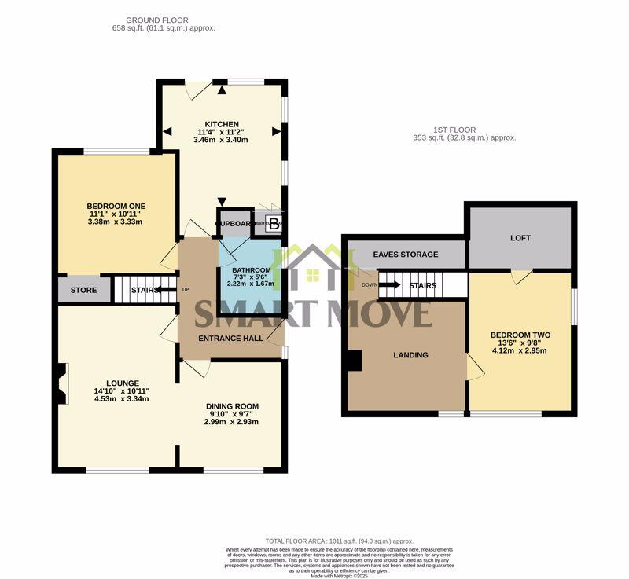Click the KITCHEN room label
pyautogui.click(x=222, y=124)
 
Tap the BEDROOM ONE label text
pyautogui.click(x=116, y=206)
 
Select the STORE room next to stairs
pyautogui.click(x=83, y=290)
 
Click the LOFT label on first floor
pyautogui.click(x=520, y=237)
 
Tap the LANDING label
pyautogui.click(x=410, y=355)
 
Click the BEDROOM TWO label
pyautogui.click(x=520, y=335)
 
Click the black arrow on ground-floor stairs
pyautogui.click(x=166, y=290)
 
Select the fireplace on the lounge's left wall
pyautogui.click(x=64, y=383)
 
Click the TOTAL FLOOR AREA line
pyautogui.click(x=339, y=541)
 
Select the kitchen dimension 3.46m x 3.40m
pyautogui.click(x=222, y=141)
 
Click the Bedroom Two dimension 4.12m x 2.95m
pyautogui.click(x=520, y=350)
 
